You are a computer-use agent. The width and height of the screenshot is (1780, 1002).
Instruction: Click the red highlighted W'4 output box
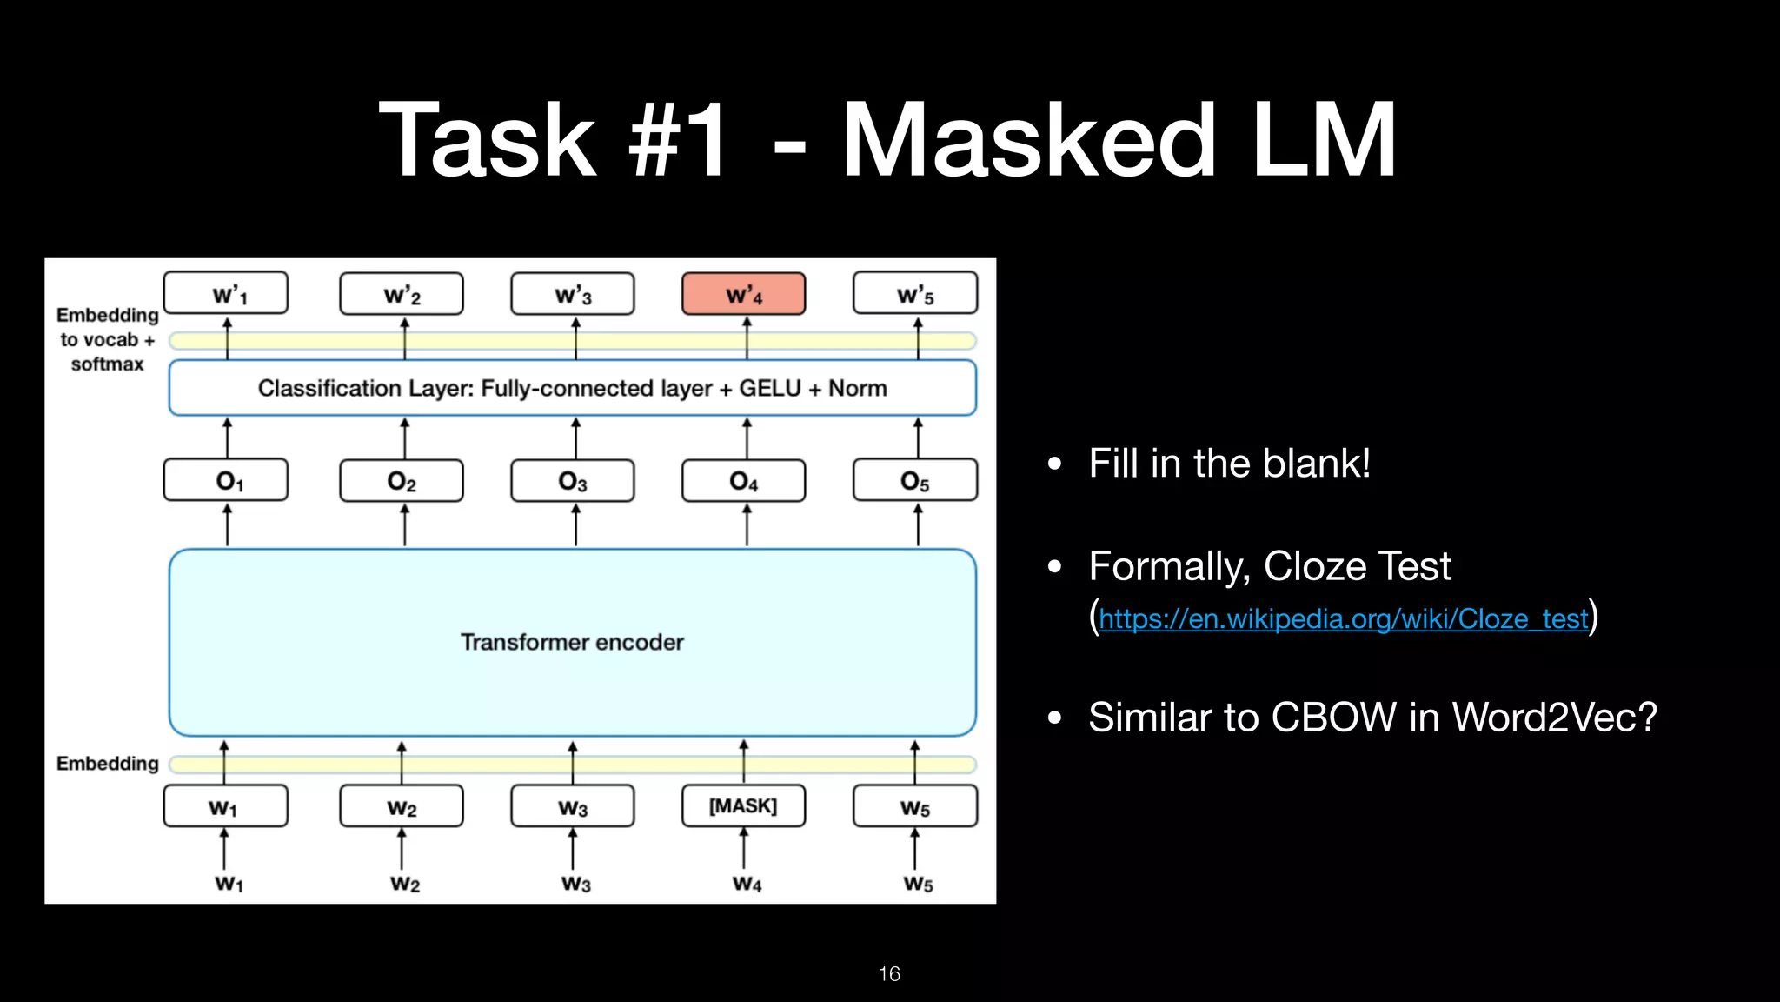point(743,294)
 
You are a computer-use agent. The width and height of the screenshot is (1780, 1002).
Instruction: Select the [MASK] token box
point(743,805)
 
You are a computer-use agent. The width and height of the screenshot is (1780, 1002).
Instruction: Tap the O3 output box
point(573,480)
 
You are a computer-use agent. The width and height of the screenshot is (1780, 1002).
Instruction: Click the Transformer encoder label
point(572,642)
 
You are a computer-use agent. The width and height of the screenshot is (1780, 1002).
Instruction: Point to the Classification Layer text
point(572,388)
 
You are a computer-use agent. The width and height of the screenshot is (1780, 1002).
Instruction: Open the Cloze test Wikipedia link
point(1343,618)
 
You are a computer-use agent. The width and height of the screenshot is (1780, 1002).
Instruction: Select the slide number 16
point(889,973)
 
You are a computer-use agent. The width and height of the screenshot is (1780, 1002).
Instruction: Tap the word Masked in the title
point(1029,141)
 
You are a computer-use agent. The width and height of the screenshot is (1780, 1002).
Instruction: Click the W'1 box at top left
point(226,294)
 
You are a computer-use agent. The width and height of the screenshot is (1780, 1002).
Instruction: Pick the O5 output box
point(915,480)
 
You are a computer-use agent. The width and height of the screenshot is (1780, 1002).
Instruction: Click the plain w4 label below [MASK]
point(747,884)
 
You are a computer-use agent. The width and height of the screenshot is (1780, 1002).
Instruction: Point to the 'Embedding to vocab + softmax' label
point(107,339)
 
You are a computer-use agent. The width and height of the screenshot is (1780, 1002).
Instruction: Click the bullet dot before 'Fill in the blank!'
point(1055,464)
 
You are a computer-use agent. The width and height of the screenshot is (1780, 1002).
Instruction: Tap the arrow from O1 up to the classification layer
point(228,437)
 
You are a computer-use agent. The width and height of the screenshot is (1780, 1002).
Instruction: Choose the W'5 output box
point(915,294)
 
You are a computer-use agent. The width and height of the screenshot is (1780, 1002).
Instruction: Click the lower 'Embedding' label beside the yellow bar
point(107,763)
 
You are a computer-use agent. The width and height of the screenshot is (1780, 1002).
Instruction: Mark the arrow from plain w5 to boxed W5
point(915,848)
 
